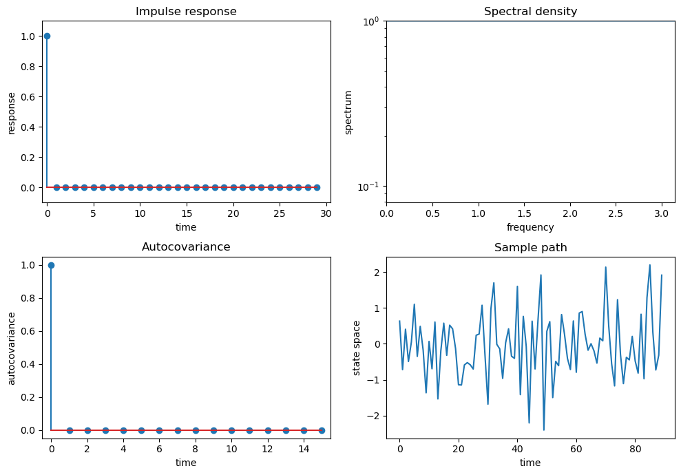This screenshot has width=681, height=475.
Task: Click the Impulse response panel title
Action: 186,12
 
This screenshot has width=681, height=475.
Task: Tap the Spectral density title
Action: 530,12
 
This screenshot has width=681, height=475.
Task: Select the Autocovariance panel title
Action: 186,247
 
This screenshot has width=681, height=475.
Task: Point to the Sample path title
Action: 530,248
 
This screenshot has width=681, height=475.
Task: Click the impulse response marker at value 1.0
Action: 47,36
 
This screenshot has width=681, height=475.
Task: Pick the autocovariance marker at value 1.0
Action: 51,265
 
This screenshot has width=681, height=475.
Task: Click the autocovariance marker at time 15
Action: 322,430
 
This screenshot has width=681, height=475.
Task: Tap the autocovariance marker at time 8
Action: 196,430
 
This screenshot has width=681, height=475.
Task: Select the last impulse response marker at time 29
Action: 317,187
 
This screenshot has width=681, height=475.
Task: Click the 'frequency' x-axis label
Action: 530,227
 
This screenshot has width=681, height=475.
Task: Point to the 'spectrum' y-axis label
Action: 348,112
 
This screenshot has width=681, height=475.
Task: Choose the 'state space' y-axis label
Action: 356,348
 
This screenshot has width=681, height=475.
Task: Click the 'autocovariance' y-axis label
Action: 12,348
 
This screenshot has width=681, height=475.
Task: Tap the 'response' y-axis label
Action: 12,112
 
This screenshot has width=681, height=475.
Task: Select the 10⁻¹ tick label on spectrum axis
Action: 368,187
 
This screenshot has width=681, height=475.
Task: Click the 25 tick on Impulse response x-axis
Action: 280,213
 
